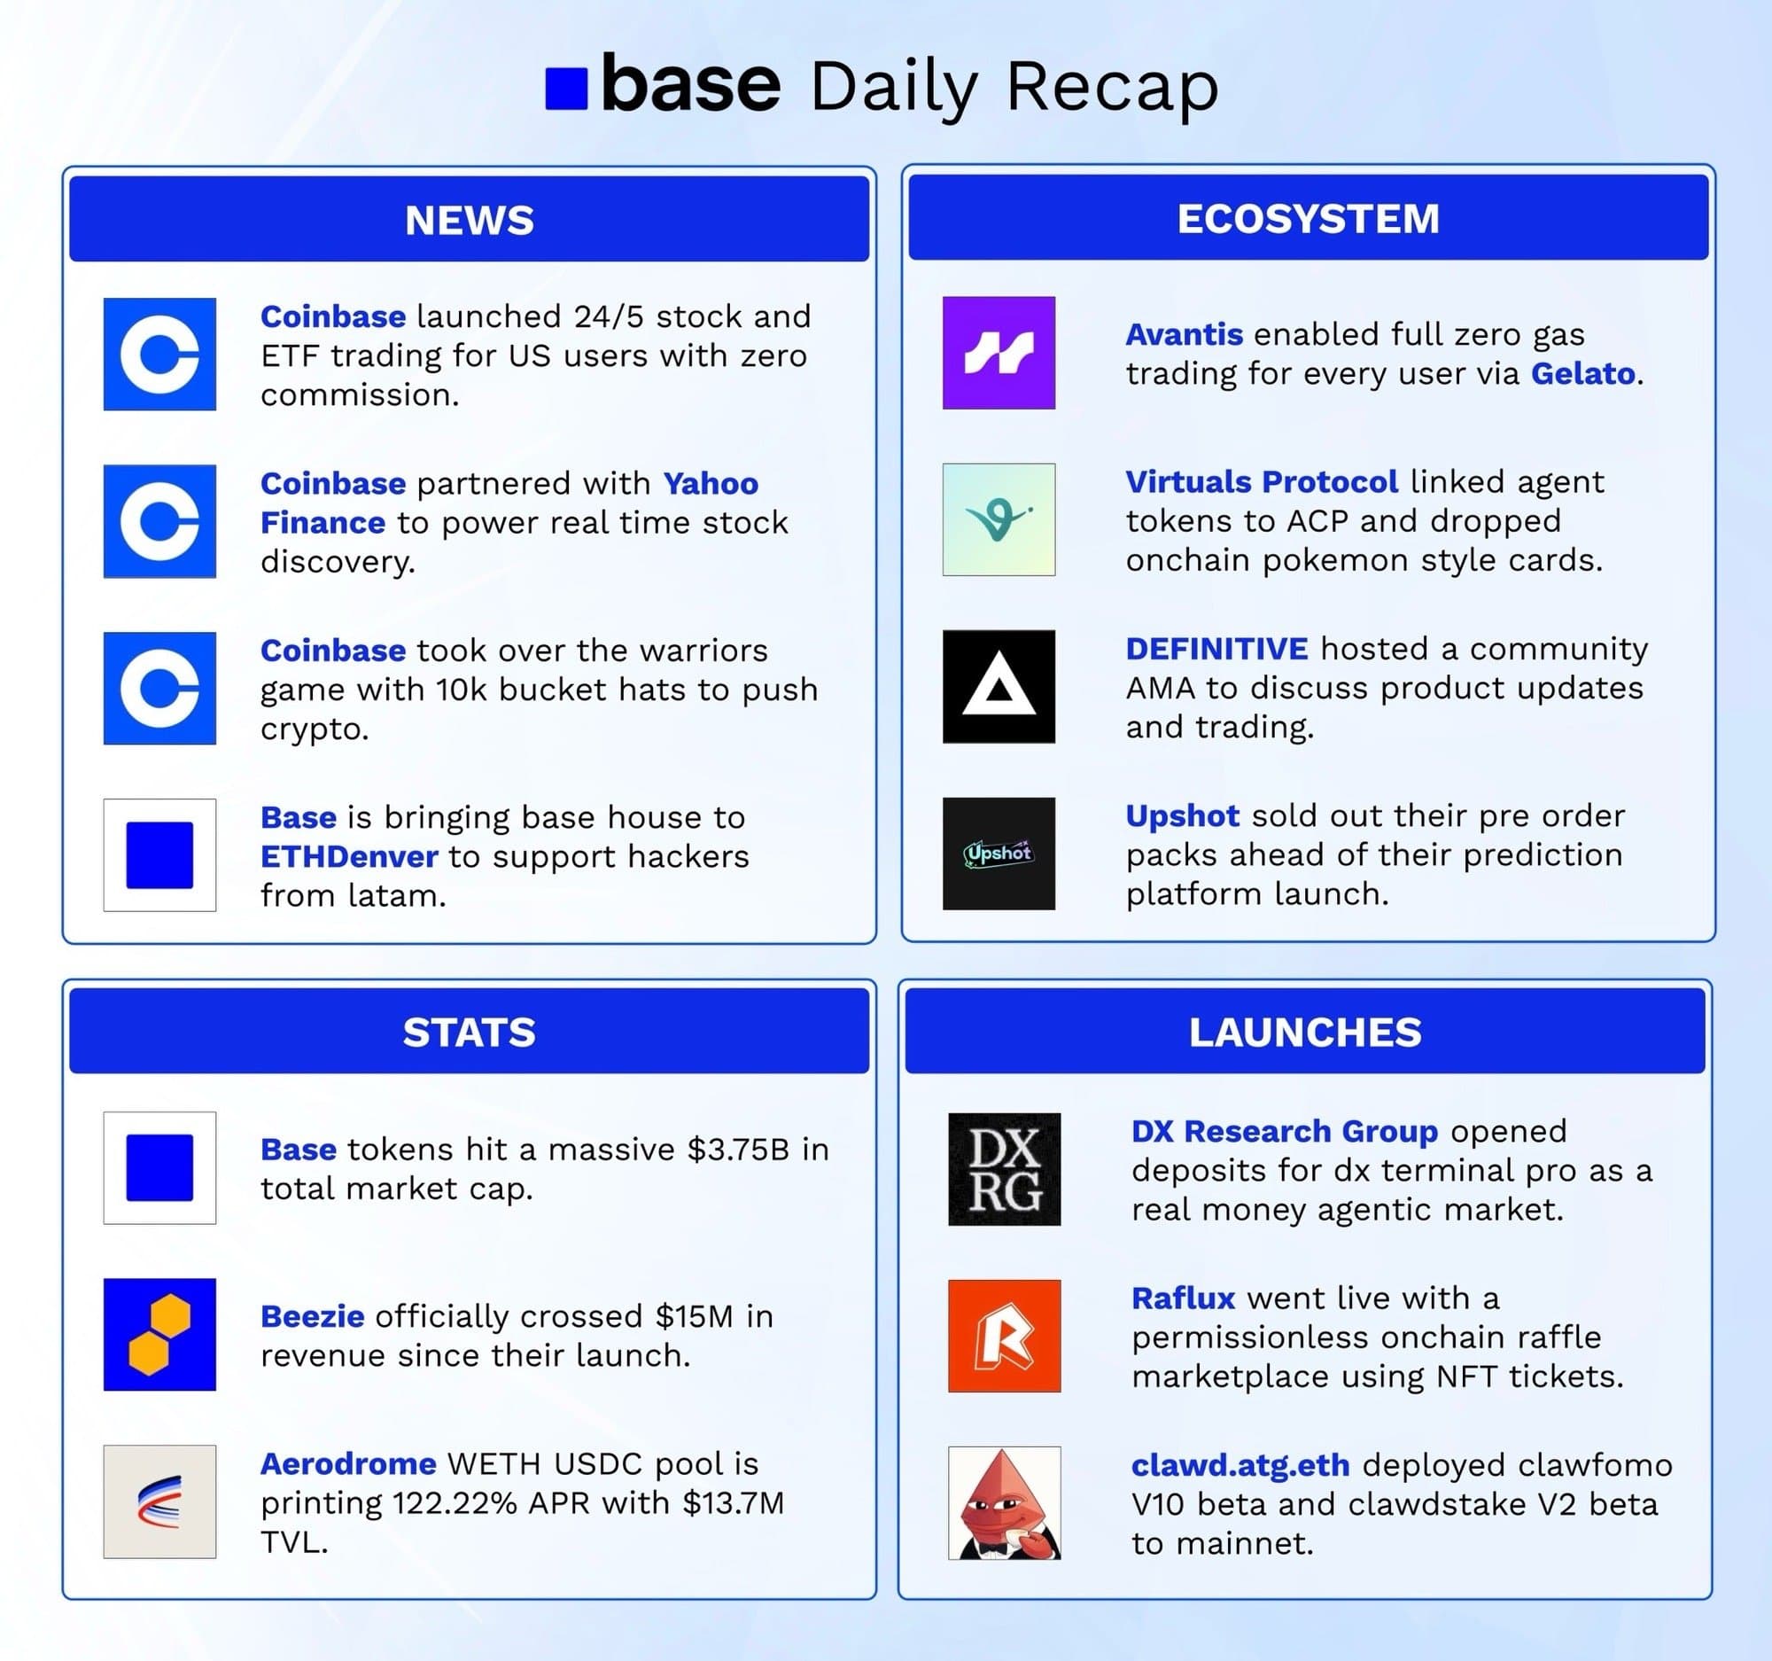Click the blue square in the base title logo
pyautogui.click(x=566, y=90)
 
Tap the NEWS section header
pyautogui.click(x=469, y=219)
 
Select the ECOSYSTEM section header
pyautogui.click(x=1308, y=218)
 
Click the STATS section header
pyautogui.click(x=469, y=1032)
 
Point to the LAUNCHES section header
pyautogui.click(x=1304, y=1032)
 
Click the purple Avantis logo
pyautogui.click(x=999, y=353)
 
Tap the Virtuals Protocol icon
pyautogui.click(x=999, y=519)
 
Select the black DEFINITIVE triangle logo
pyautogui.click(x=999, y=687)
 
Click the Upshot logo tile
pyautogui.click(x=999, y=854)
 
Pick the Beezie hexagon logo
pyautogui.click(x=159, y=1334)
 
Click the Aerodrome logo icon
pyautogui.click(x=159, y=1501)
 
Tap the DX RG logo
pyautogui.click(x=1004, y=1169)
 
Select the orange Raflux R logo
pyautogui.click(x=1004, y=1336)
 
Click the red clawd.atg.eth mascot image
pyautogui.click(x=1004, y=1503)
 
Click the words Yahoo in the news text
pyautogui.click(x=711, y=483)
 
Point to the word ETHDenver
pyautogui.click(x=348, y=857)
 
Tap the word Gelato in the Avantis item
pyautogui.click(x=1582, y=373)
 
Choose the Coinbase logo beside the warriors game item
pyautogui.click(x=159, y=689)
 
